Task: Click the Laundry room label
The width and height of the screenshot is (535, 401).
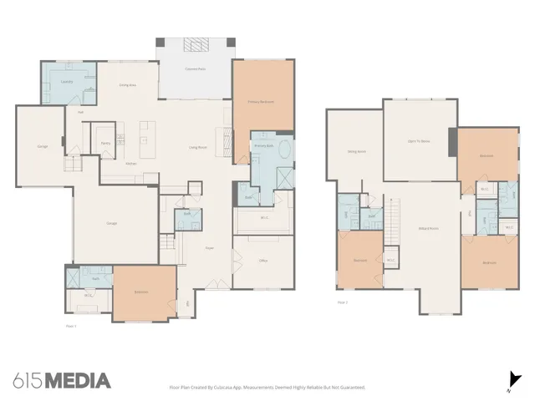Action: [x=66, y=81]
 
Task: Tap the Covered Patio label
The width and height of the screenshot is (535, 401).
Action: [x=196, y=69]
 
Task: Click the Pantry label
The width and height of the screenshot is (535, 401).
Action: [x=106, y=144]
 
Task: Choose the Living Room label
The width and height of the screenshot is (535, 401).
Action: [x=197, y=147]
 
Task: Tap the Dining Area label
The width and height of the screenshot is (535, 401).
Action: [x=127, y=85]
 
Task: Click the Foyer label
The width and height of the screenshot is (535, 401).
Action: [x=210, y=248]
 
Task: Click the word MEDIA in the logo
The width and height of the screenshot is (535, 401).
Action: [x=77, y=381]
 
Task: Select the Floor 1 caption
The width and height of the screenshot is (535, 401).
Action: [x=71, y=326]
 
